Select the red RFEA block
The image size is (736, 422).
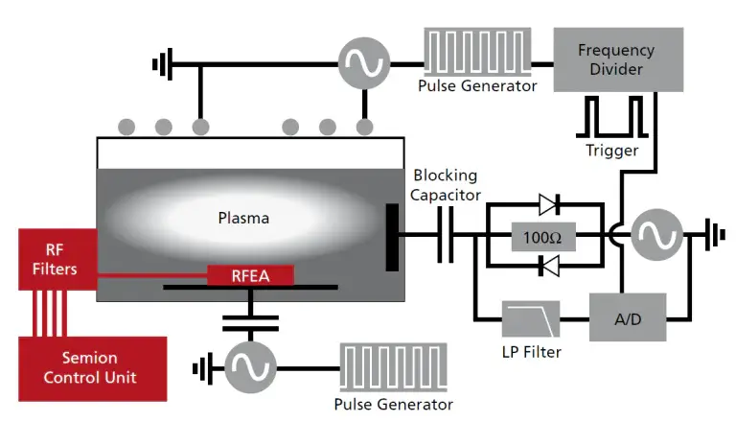[251, 276]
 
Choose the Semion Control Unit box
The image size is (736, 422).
[91, 368]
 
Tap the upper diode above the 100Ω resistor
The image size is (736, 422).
[549, 204]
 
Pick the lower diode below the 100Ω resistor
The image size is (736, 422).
[549, 269]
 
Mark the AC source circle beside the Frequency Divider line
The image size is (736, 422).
[656, 234]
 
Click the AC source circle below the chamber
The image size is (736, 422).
[251, 366]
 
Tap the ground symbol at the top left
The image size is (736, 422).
[161, 65]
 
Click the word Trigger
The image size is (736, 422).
[611, 151]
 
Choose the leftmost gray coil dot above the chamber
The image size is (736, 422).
[126, 126]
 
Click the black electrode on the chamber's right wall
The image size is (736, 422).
[393, 235]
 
